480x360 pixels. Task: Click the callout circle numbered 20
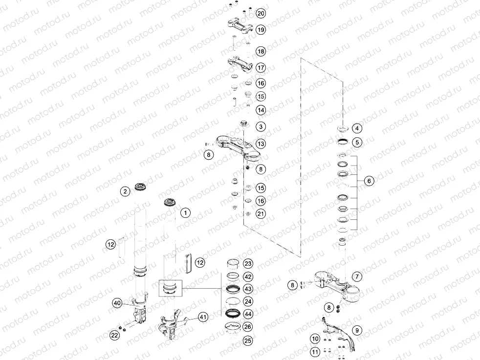(261, 14)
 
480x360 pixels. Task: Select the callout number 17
(261, 67)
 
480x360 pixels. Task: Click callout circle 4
(357, 128)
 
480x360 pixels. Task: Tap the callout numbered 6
(369, 181)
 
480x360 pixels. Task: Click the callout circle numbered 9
(357, 330)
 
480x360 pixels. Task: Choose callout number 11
(315, 352)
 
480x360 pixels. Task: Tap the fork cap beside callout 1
(169, 203)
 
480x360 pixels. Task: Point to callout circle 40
(117, 303)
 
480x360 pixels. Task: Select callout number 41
(203, 317)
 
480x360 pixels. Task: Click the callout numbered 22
(114, 335)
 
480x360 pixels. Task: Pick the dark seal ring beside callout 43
(232, 288)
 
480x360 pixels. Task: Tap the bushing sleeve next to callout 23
(233, 263)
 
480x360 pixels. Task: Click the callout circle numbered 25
(248, 340)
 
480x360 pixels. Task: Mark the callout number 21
(261, 213)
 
